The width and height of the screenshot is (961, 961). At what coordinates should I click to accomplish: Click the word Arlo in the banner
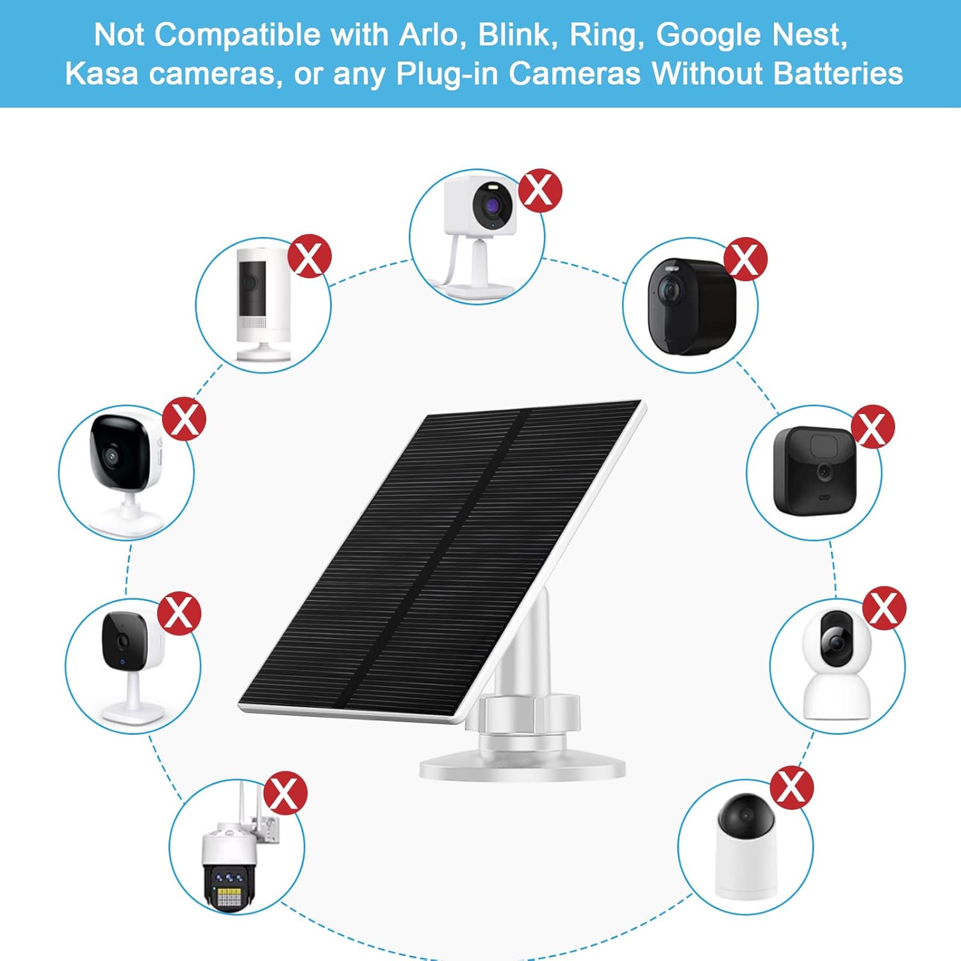[x=429, y=35]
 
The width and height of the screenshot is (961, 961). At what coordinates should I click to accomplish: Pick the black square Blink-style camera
[x=814, y=471]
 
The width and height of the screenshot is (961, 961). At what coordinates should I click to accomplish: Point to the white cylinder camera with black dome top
[x=746, y=846]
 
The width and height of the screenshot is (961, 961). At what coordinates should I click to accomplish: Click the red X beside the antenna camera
[x=286, y=793]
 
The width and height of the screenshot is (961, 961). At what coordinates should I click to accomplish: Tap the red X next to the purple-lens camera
[x=540, y=190]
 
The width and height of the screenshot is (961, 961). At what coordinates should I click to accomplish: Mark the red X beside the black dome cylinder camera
[x=791, y=787]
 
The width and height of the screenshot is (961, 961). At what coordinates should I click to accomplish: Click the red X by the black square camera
[x=873, y=427]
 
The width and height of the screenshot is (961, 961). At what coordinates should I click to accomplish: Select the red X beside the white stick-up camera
[x=309, y=256]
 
